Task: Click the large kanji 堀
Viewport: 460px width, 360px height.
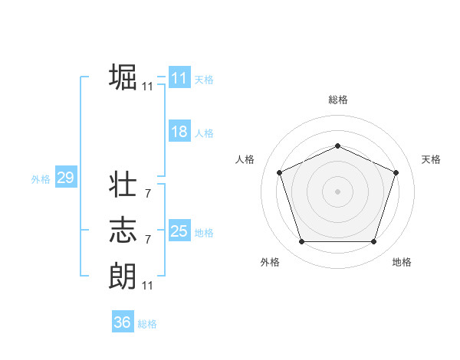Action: (123, 77)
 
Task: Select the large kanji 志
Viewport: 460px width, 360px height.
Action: (123, 230)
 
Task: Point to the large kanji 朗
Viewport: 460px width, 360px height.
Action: (123, 274)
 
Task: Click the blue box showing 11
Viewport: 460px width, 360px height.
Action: (179, 78)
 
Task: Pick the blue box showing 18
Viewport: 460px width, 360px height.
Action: (179, 132)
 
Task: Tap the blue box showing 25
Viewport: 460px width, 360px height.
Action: (179, 231)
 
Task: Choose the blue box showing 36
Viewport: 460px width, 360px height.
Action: (123, 322)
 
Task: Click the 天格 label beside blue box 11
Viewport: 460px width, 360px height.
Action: (204, 80)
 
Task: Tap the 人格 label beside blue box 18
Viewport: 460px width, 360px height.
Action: (204, 133)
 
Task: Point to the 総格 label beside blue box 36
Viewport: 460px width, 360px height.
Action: (147, 324)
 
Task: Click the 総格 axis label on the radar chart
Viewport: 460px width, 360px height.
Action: (337, 99)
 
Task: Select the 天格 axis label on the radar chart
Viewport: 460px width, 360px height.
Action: (432, 159)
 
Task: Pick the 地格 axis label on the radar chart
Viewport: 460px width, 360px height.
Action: (402, 262)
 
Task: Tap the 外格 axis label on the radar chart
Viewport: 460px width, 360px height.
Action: (270, 262)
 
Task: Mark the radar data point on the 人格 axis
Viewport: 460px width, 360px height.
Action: (279, 172)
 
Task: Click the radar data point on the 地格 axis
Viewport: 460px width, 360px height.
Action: (373, 241)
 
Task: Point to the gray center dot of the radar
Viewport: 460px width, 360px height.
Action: (337, 191)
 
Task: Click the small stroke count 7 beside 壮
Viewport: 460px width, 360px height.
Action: (147, 195)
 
